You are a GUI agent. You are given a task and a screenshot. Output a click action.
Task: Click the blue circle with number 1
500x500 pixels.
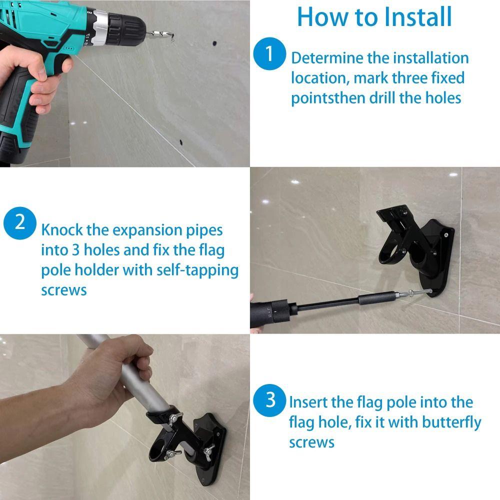point(269,53)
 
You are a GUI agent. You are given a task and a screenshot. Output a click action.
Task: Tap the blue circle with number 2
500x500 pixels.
point(20,222)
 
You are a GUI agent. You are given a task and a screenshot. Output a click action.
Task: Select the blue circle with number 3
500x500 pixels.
point(270,400)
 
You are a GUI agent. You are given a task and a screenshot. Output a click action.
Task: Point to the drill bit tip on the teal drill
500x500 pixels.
point(173,35)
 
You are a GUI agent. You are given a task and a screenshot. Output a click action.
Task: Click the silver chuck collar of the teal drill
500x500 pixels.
point(100,28)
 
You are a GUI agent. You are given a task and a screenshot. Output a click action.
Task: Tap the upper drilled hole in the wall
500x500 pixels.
point(214,43)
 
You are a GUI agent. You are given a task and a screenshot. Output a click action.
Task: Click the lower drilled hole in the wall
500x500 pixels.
point(181,142)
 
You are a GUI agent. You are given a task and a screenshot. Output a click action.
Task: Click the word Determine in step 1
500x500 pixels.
point(327,58)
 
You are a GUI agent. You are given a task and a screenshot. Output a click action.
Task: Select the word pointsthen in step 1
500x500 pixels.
point(328,98)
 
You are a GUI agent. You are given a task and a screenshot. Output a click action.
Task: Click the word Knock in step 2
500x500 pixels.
point(62,229)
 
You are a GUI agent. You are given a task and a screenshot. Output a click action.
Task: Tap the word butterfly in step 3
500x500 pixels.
point(451,422)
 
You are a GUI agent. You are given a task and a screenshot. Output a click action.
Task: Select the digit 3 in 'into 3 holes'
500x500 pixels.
point(75,250)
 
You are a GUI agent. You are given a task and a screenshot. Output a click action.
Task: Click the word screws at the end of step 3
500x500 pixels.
point(311,443)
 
